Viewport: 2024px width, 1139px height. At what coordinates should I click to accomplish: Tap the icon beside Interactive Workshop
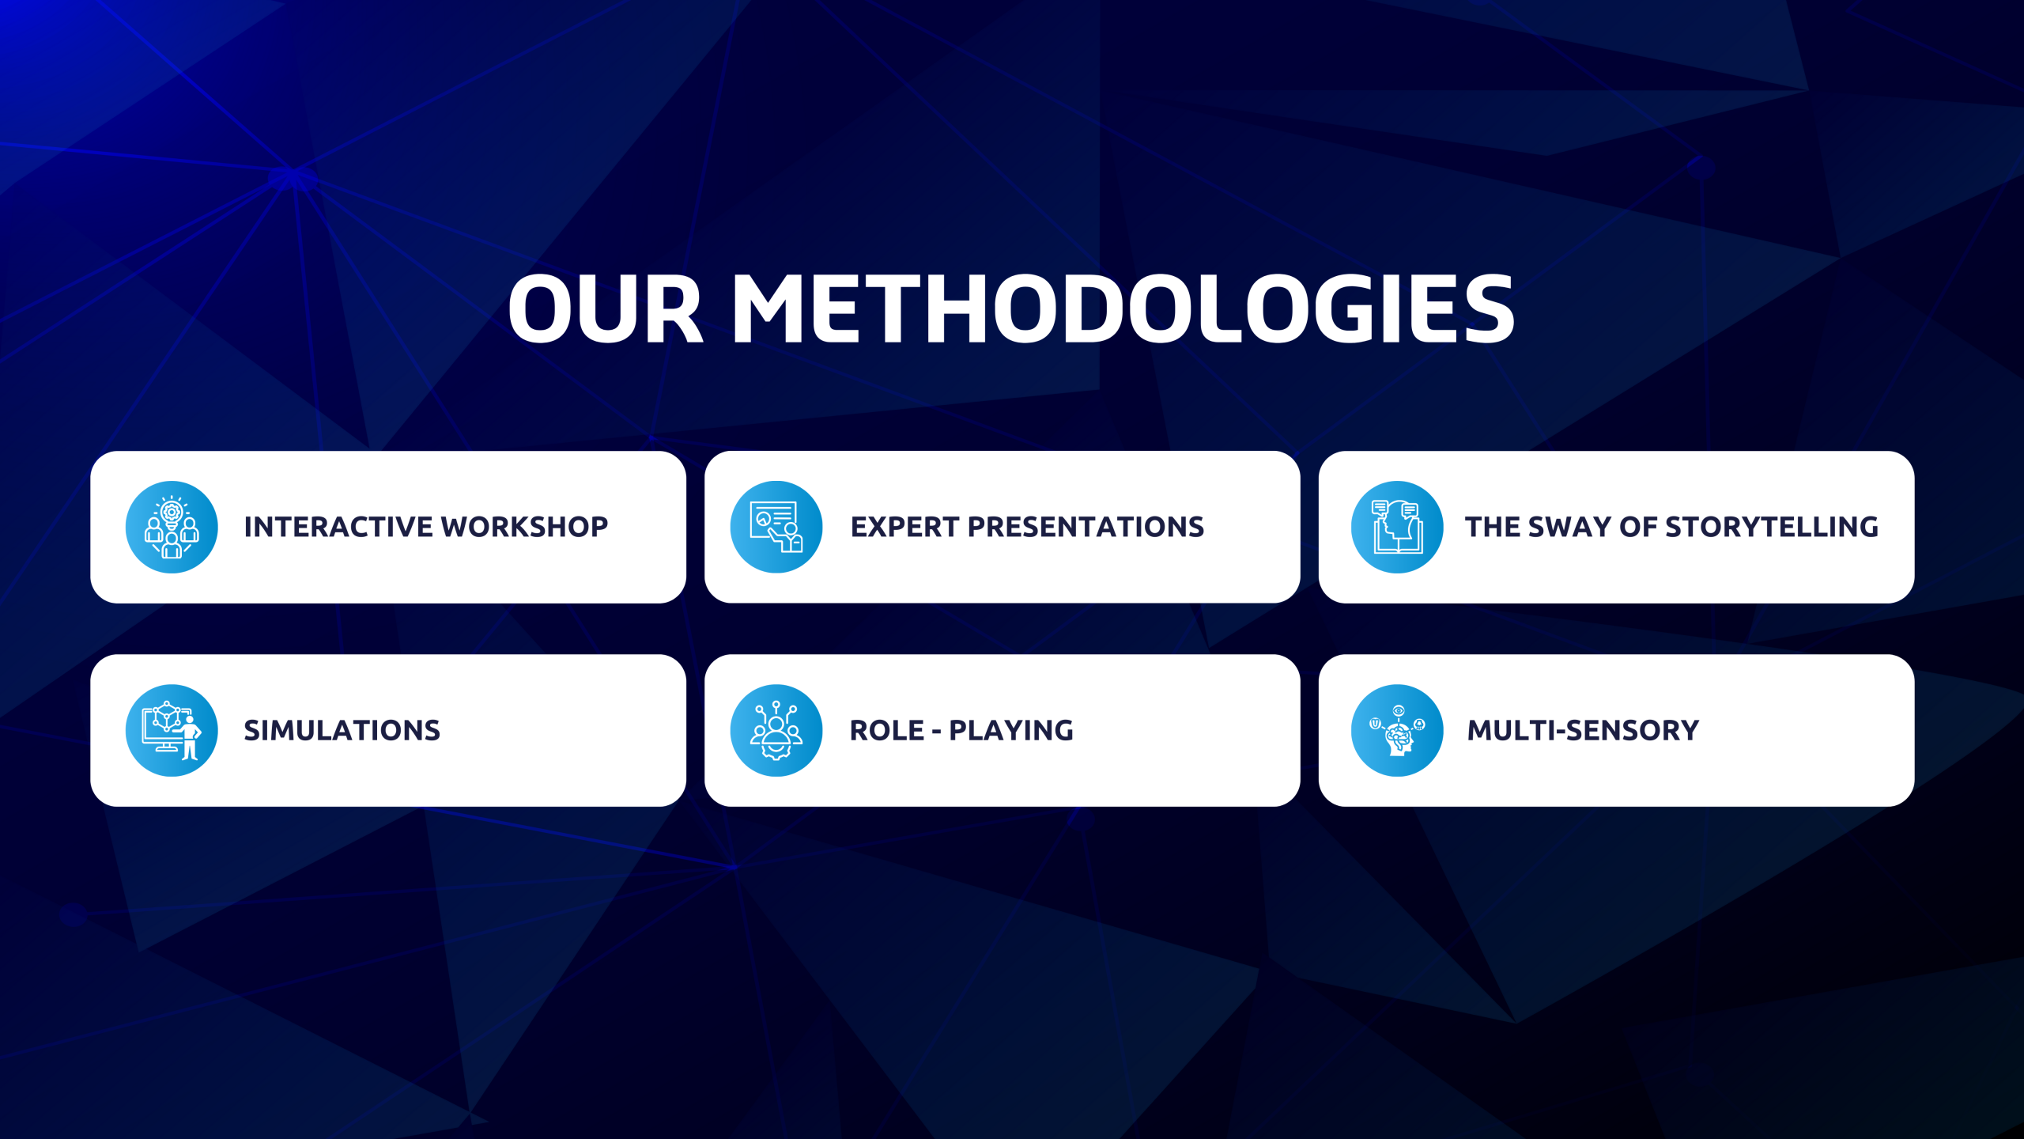point(172,527)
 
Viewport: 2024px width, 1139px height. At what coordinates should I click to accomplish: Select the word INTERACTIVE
point(338,527)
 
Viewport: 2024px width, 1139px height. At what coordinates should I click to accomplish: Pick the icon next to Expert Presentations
point(776,527)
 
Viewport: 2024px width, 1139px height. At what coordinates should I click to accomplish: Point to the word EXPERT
point(904,527)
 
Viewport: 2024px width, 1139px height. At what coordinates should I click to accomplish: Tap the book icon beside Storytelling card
point(1396,527)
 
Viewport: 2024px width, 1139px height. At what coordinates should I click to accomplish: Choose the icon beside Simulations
point(172,730)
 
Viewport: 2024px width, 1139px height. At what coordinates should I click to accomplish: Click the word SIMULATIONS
point(342,730)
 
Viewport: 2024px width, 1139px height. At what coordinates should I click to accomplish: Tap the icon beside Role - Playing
point(776,730)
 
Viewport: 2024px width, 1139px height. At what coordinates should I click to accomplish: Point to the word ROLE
point(886,730)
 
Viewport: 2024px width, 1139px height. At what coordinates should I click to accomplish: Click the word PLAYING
point(1011,730)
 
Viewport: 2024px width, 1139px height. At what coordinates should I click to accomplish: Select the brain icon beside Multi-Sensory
point(1396,730)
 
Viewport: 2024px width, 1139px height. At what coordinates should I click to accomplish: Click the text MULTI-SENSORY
point(1583,730)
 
